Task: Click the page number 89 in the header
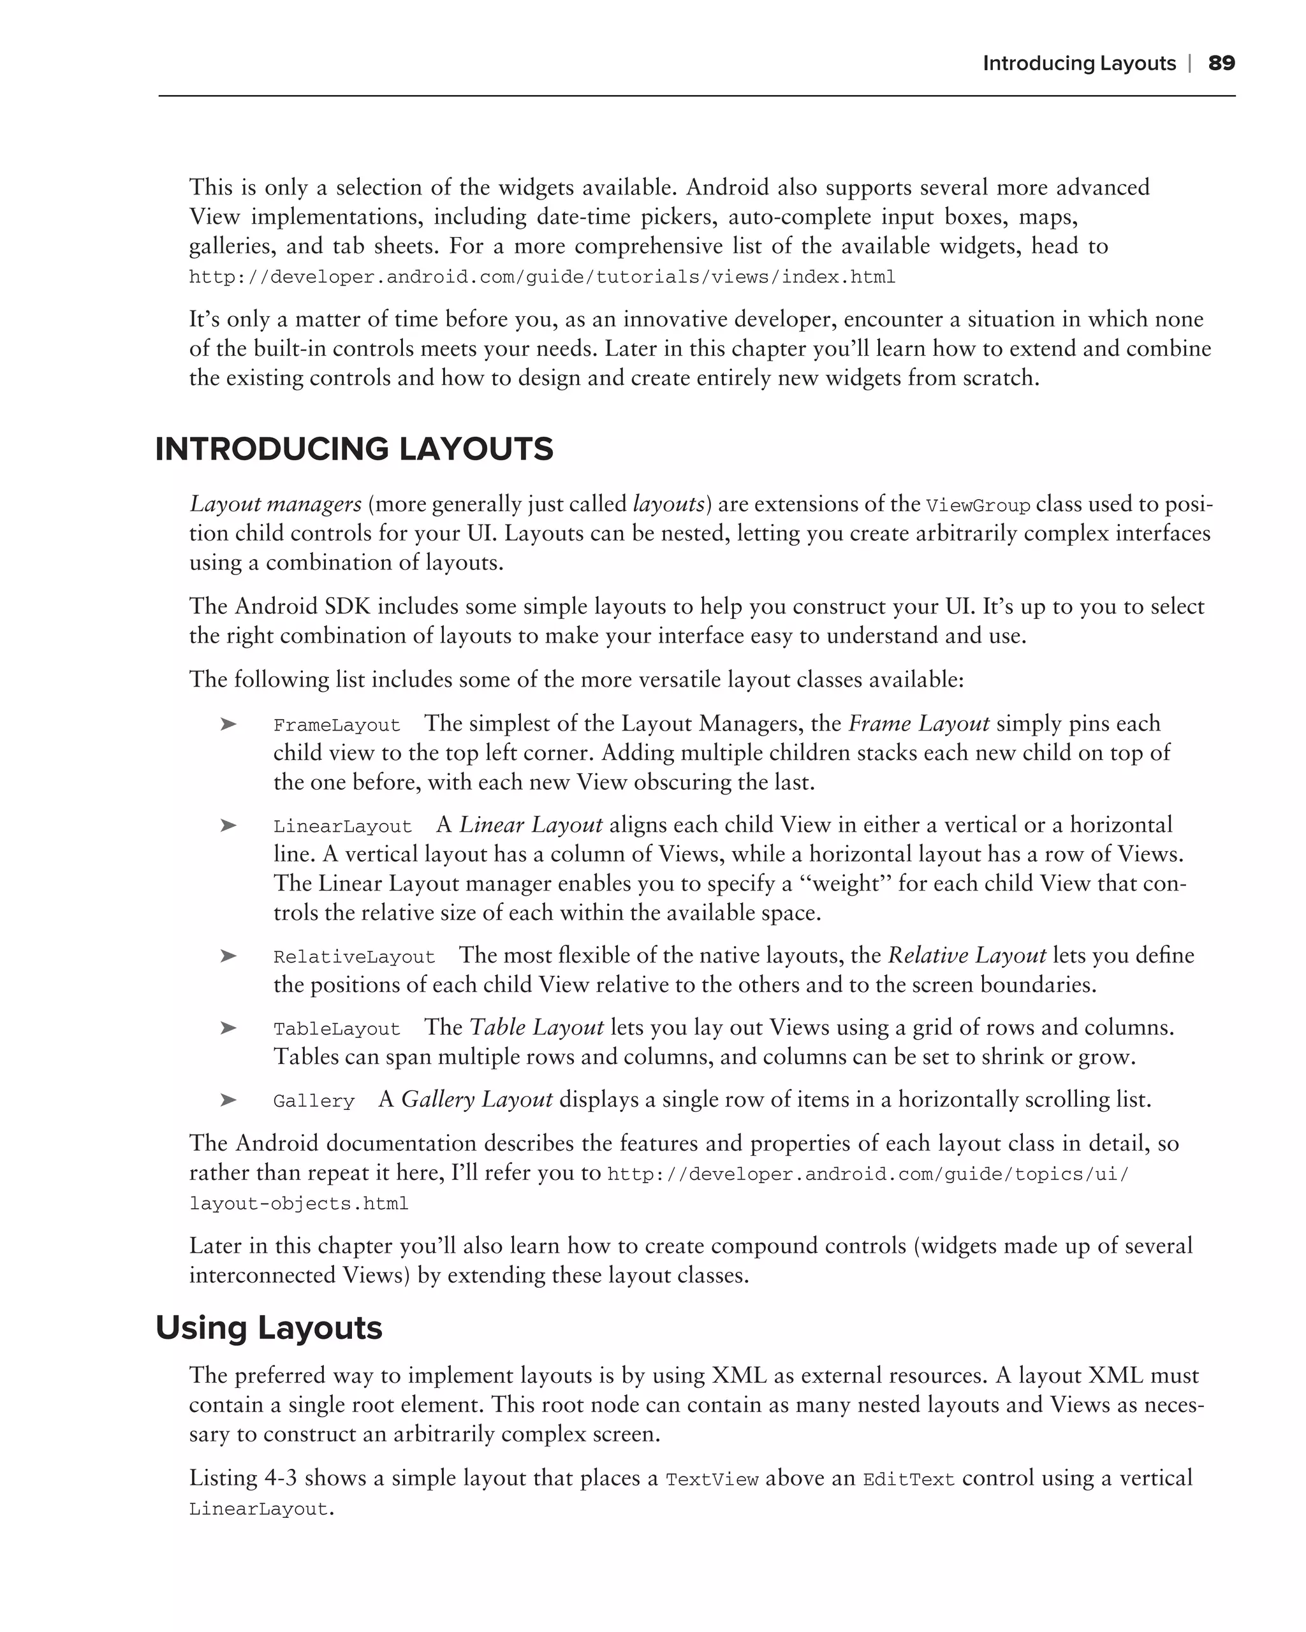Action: pyautogui.click(x=1221, y=63)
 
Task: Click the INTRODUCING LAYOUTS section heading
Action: pyautogui.click(x=355, y=449)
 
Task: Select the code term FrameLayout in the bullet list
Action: pyautogui.click(x=336, y=725)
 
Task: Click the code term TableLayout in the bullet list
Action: pyautogui.click(x=336, y=1029)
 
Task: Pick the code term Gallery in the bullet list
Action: pyautogui.click(x=314, y=1100)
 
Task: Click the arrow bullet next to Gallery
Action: pyautogui.click(x=228, y=1099)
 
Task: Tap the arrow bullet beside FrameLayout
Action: pyautogui.click(x=228, y=724)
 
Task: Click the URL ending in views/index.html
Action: pyautogui.click(x=541, y=277)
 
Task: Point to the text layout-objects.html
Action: pyautogui.click(x=298, y=1204)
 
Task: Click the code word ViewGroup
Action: pyautogui.click(x=978, y=506)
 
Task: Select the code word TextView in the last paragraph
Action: pyautogui.click(x=712, y=1480)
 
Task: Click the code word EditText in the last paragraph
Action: pyautogui.click(x=909, y=1480)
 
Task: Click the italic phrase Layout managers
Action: pyautogui.click(x=275, y=504)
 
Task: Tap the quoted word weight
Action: pyautogui.click(x=844, y=884)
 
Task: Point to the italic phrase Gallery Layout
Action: pyautogui.click(x=476, y=1099)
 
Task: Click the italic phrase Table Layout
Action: pyautogui.click(x=536, y=1027)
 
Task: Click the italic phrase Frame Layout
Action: pyautogui.click(x=918, y=724)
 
